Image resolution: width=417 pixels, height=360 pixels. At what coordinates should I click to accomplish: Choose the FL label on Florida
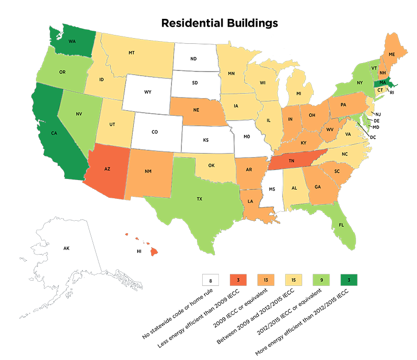pyautogui.click(x=341, y=225)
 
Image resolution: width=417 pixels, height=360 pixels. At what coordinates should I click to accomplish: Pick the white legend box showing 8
pyautogui.click(x=209, y=280)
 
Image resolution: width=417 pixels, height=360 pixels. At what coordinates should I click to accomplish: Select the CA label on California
pyautogui.click(x=53, y=133)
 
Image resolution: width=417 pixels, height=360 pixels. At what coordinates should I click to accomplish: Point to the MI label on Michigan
pyautogui.click(x=299, y=93)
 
